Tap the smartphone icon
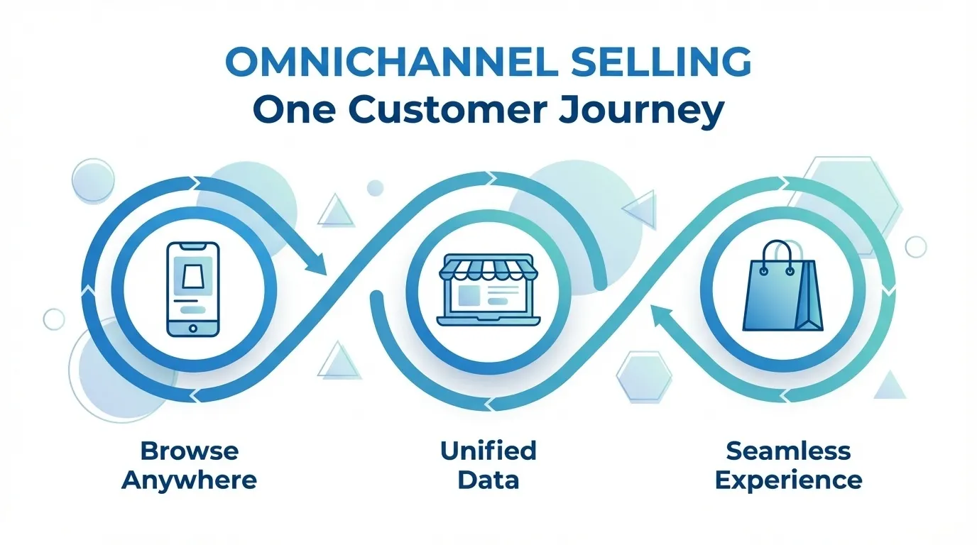(192, 289)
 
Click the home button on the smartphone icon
(192, 327)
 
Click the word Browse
(190, 451)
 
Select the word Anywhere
(189, 480)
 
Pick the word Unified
(488, 451)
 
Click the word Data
(488, 480)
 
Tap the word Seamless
(788, 451)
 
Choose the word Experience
(788, 480)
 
